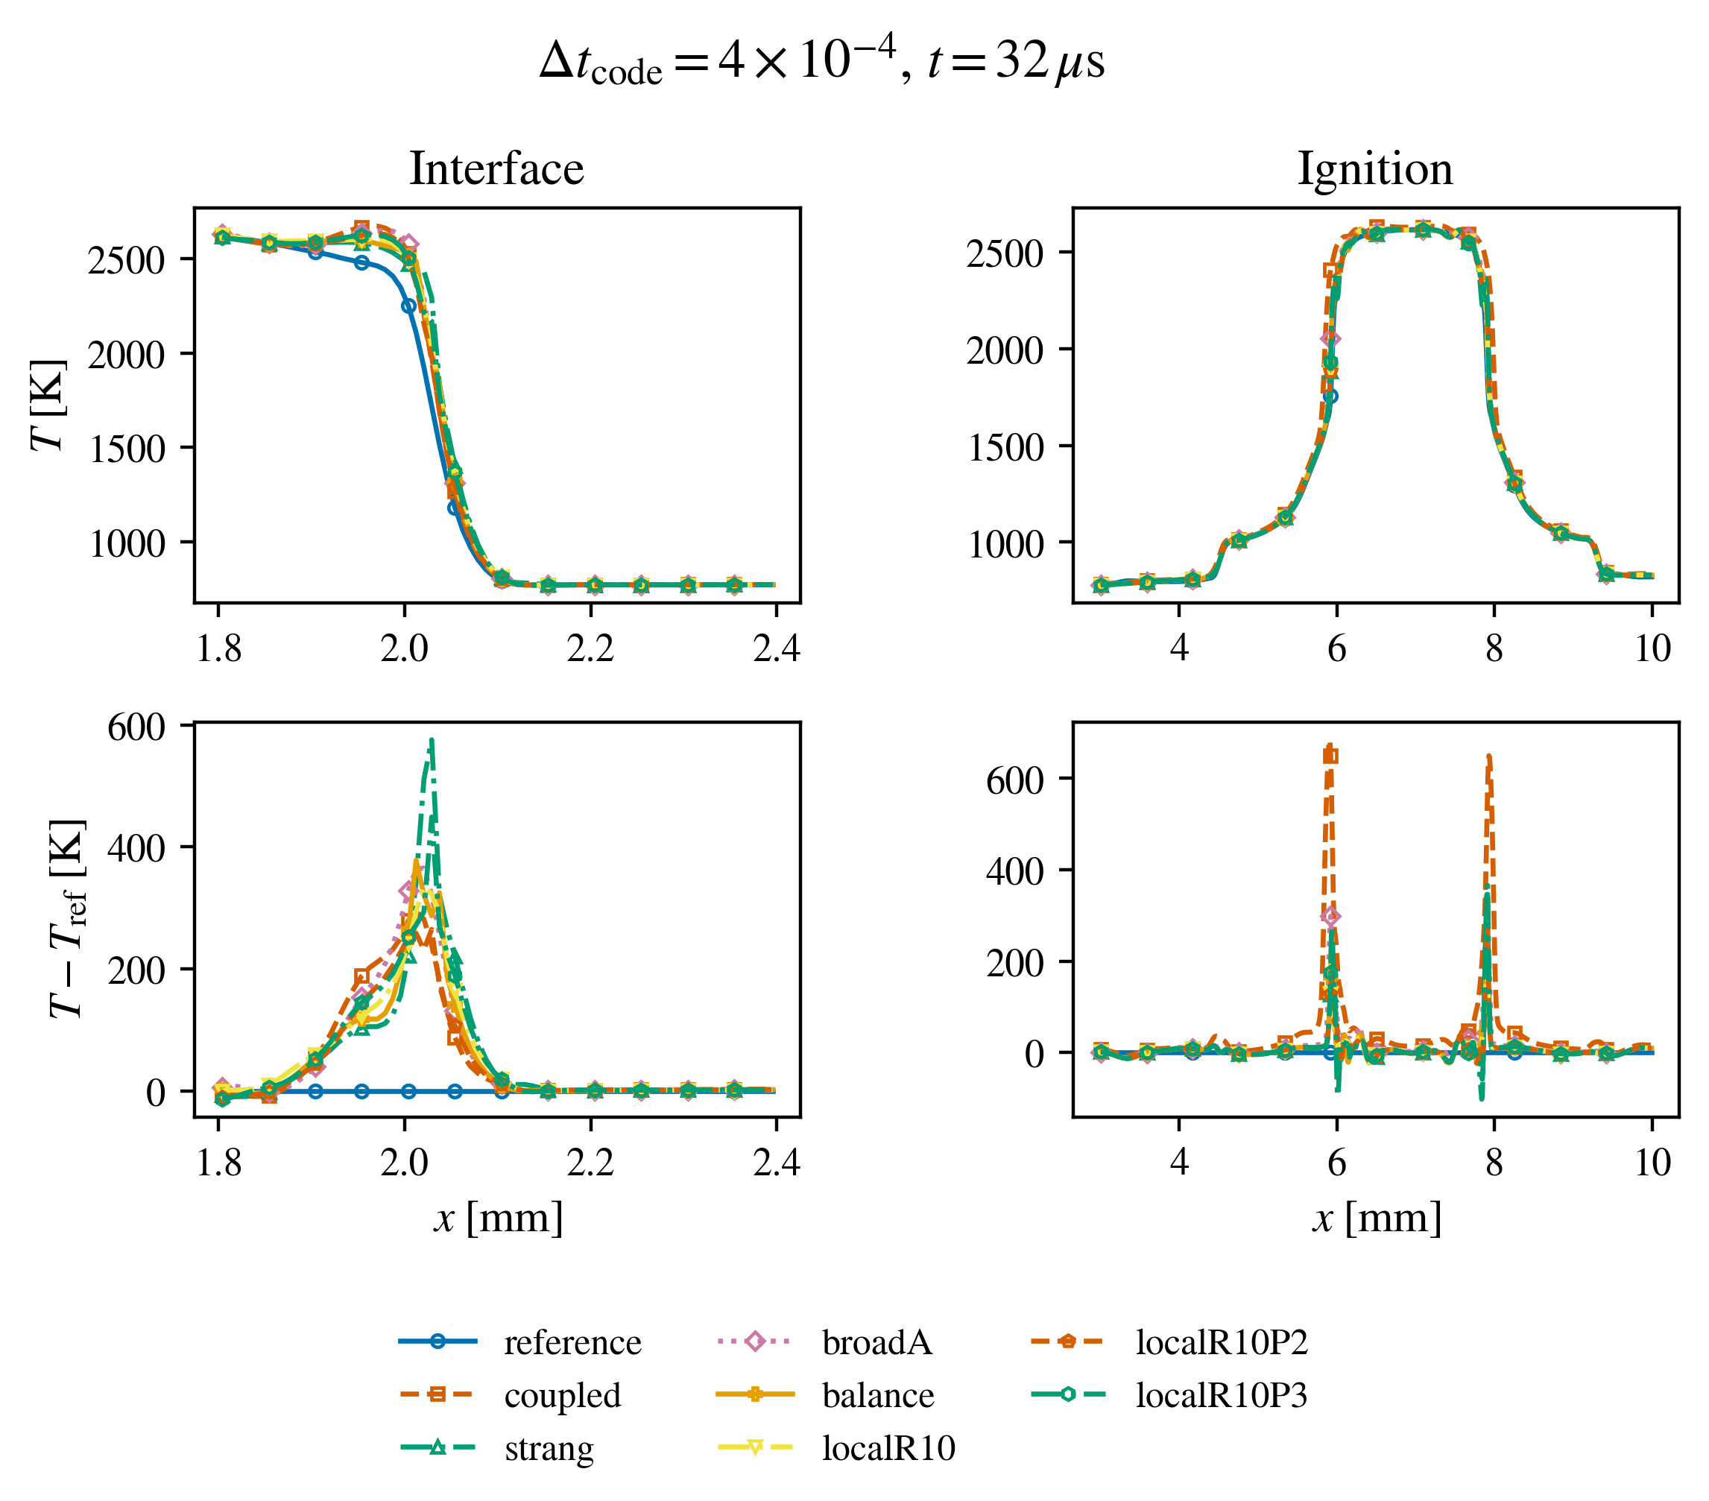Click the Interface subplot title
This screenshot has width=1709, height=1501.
tap(496, 169)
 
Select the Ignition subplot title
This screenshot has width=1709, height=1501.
tap(1375, 171)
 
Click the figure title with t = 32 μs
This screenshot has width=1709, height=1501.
tap(822, 61)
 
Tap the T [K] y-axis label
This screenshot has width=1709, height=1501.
tap(48, 405)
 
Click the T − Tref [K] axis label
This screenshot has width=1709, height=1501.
tap(67, 918)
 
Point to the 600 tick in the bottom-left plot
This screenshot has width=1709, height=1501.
tap(136, 727)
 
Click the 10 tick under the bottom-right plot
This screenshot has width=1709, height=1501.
tap(1652, 1163)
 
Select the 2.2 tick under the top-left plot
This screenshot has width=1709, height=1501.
tap(590, 648)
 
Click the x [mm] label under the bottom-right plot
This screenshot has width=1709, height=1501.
tap(1377, 1219)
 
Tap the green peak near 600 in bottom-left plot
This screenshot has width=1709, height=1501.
tap(432, 741)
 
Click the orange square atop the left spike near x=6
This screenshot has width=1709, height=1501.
tap(1330, 756)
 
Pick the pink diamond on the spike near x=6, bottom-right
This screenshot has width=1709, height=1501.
tap(1331, 917)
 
